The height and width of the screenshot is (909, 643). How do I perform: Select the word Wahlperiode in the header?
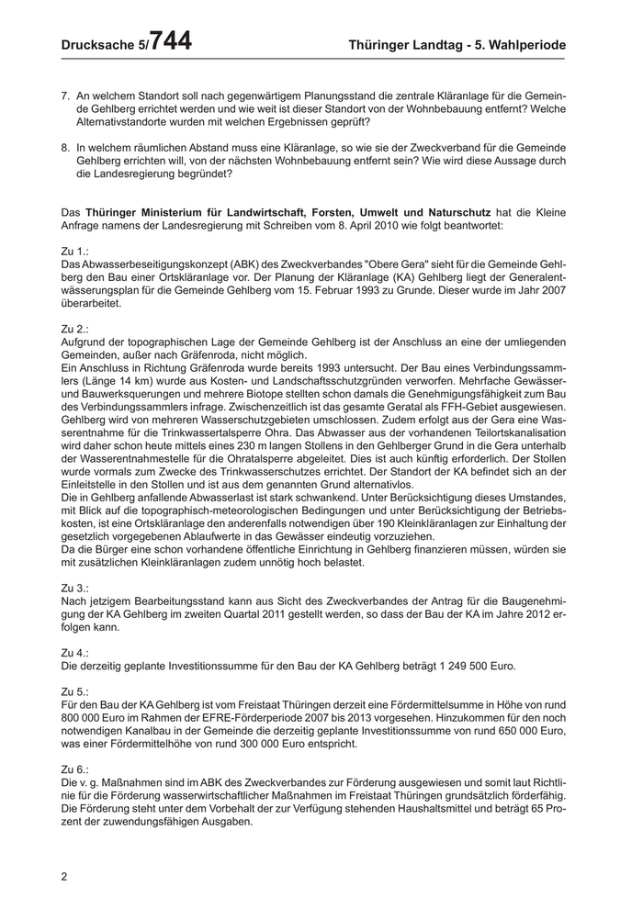528,44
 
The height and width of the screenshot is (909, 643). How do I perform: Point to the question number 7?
64,95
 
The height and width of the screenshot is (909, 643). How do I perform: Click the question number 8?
64,147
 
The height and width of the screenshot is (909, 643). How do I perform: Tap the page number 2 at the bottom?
64,876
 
